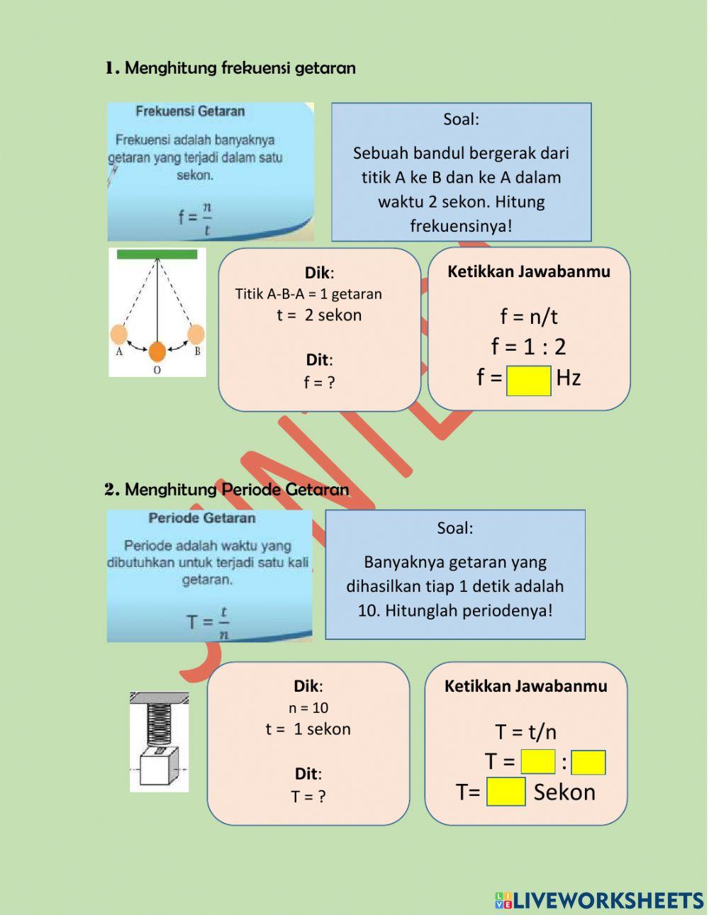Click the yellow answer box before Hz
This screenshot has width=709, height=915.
[x=529, y=380]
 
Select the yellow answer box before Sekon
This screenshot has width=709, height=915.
[x=506, y=792]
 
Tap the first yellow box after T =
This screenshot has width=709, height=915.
[x=538, y=762]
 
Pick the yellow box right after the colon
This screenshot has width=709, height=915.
[x=588, y=763]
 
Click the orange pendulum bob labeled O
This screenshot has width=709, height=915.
[x=157, y=351]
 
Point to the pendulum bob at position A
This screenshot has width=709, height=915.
[x=119, y=335]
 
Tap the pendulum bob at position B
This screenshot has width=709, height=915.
[x=196, y=335]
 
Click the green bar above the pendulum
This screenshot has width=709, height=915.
[x=157, y=254]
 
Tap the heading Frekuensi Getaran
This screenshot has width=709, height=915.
[x=190, y=111]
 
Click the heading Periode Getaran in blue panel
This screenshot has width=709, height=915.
[x=202, y=518]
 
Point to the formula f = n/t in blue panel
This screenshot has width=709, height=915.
[x=196, y=218]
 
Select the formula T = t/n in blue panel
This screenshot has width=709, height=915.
[x=208, y=622]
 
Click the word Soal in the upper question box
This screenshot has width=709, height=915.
[x=461, y=119]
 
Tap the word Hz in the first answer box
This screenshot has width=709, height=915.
[x=569, y=378]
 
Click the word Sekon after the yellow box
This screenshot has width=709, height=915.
[x=564, y=792]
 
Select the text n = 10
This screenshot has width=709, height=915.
[x=308, y=707]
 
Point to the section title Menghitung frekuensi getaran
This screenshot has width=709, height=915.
[x=240, y=68]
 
